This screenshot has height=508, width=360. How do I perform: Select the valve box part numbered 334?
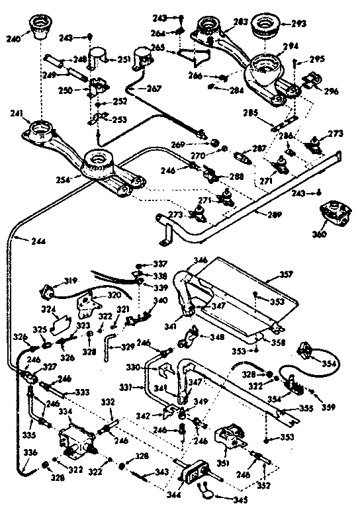(x=74, y=439)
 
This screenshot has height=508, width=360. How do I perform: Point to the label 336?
(x=13, y=453)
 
